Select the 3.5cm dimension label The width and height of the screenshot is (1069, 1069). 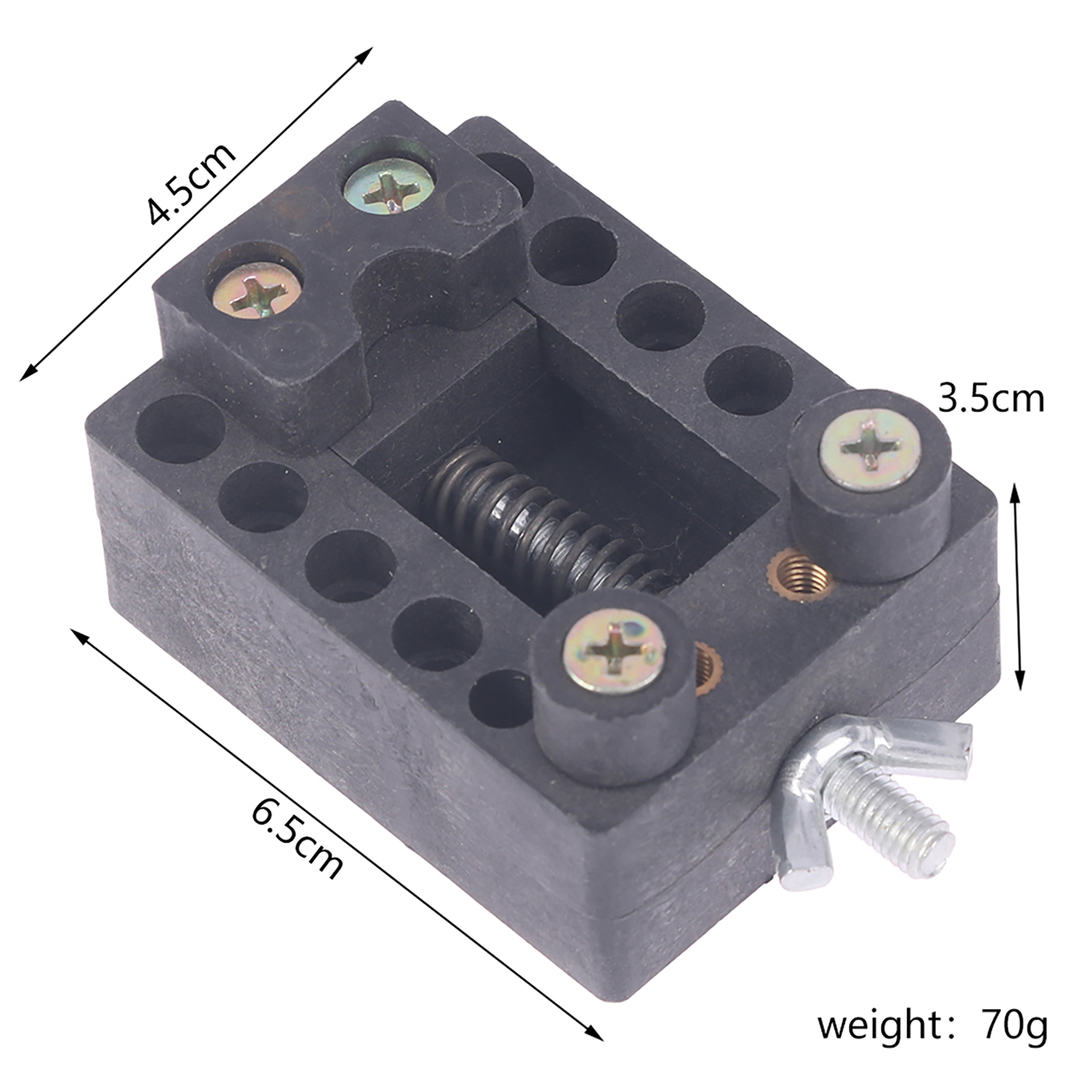pyautogui.click(x=991, y=399)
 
